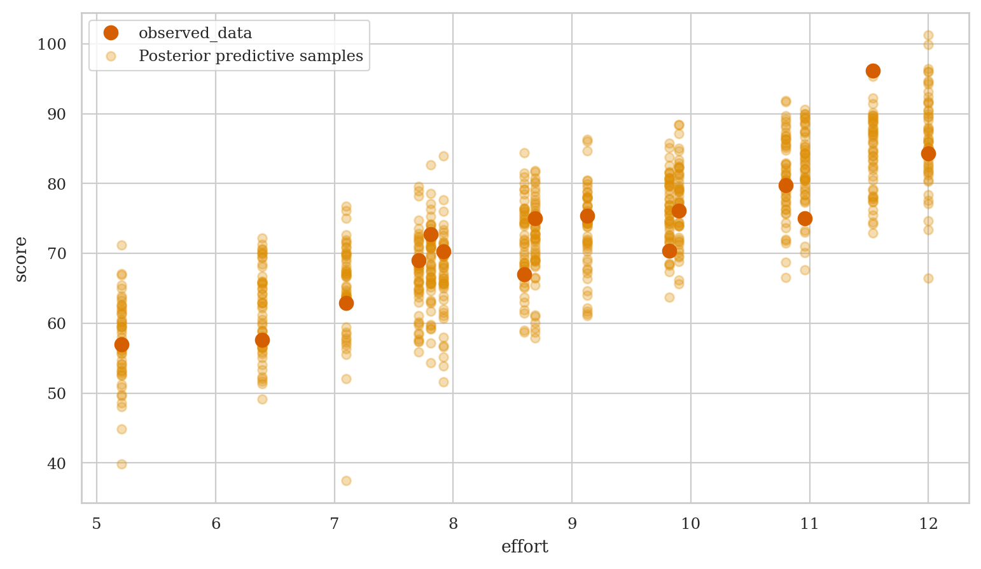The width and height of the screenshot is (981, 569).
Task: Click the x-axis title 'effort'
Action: click(x=524, y=547)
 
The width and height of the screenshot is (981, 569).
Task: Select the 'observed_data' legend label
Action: click(x=195, y=34)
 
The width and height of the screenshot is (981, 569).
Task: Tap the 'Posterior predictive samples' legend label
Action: click(x=251, y=56)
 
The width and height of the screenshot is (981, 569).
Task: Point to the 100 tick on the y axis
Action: click(x=55, y=45)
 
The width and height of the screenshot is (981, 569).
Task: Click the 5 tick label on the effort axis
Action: click(x=97, y=524)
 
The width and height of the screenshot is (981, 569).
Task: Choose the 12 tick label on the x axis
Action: click(x=928, y=524)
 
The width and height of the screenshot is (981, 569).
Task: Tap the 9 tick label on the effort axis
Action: click(x=572, y=524)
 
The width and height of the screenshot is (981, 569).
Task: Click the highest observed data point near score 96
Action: click(x=873, y=71)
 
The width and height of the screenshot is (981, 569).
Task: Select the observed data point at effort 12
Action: click(x=928, y=153)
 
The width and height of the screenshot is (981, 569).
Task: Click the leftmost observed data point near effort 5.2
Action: click(x=122, y=344)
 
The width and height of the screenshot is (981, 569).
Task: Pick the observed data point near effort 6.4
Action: click(x=262, y=340)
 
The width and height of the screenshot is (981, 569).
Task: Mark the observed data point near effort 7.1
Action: click(x=346, y=303)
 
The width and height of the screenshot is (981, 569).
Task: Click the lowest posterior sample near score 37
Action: click(x=346, y=481)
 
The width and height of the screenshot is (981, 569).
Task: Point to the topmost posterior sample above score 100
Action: click(x=928, y=36)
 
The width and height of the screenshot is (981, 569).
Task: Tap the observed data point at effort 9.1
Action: click(x=587, y=216)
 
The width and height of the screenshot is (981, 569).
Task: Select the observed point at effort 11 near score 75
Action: click(x=805, y=218)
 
